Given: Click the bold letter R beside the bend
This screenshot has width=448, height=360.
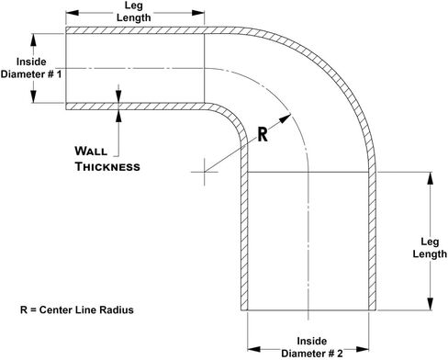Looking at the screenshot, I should point(262,133).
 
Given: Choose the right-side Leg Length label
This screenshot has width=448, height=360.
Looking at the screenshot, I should point(427,248).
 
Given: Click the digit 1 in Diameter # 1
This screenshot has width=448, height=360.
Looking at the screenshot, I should point(59,75).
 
